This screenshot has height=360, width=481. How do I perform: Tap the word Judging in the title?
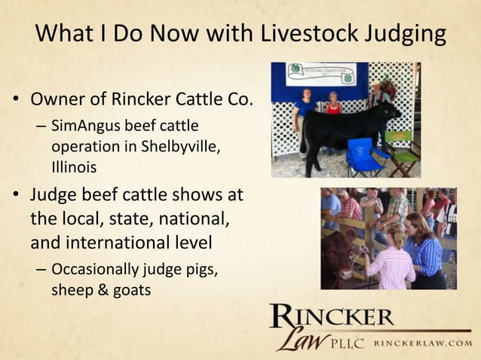pyautogui.click(x=408, y=35)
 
